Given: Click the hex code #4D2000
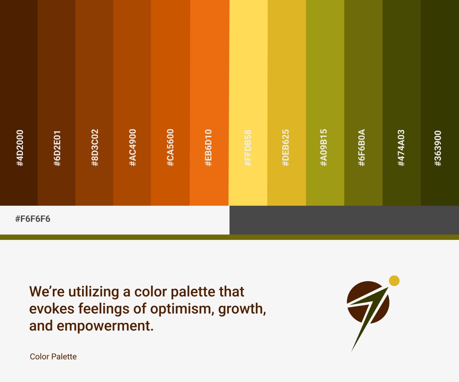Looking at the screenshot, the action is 20,148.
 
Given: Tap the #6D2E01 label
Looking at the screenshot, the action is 57,148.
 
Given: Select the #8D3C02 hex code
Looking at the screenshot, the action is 95,148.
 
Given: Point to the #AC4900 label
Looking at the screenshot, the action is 133,148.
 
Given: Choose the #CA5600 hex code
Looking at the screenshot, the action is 170,148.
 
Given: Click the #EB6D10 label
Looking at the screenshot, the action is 209,148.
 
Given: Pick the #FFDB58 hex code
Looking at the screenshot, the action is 248,148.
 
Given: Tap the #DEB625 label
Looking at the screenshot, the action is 286,148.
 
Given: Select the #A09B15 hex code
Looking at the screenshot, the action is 324,148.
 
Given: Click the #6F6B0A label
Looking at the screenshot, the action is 362,148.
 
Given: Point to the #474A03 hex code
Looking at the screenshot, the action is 401,148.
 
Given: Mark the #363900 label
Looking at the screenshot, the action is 438,148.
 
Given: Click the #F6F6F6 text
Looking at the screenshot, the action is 33,219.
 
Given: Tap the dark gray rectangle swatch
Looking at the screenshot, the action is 344,220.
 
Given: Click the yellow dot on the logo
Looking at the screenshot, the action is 394,281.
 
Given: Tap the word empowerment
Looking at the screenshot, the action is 105,326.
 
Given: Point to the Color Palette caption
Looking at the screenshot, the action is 53,356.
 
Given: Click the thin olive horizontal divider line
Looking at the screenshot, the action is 229,237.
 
